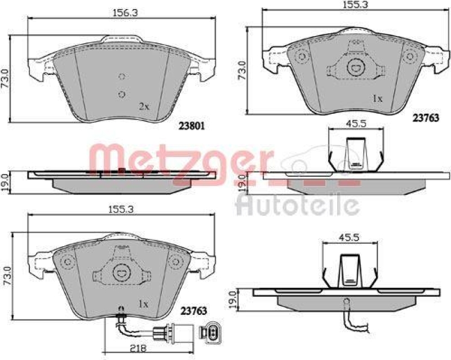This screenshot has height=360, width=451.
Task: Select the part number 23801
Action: coord(192,126)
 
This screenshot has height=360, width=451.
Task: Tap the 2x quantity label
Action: coord(144,107)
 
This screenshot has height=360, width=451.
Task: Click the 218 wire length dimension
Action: coord(138,348)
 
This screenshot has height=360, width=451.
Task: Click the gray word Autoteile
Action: coord(298,205)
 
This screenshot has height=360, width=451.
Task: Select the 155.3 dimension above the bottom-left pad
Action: coord(121,210)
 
